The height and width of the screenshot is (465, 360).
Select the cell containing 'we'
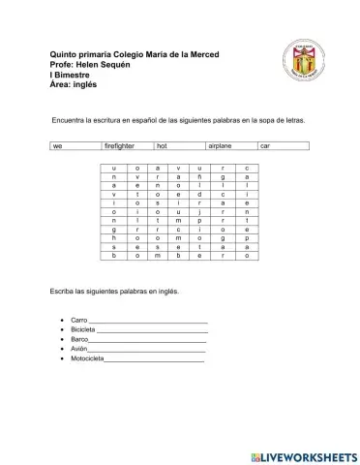[58, 145]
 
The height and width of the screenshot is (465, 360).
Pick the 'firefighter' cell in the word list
[120, 145]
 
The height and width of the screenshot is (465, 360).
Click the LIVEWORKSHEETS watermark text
[309, 455]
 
